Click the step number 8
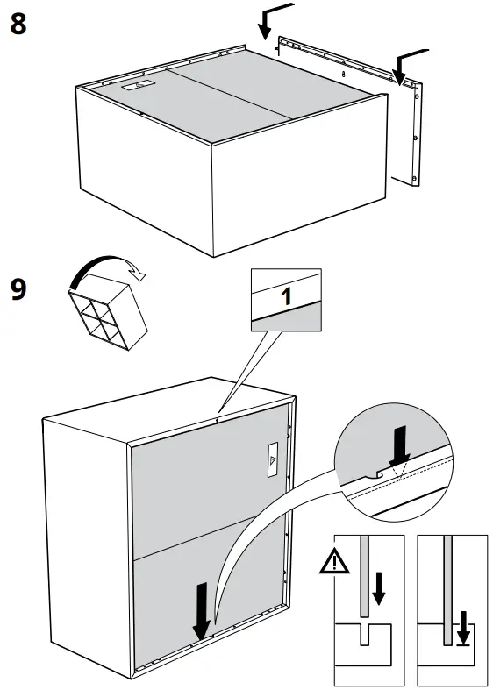point(18,24)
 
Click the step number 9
point(18,289)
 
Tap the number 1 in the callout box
point(285,296)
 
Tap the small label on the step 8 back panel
point(137,86)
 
